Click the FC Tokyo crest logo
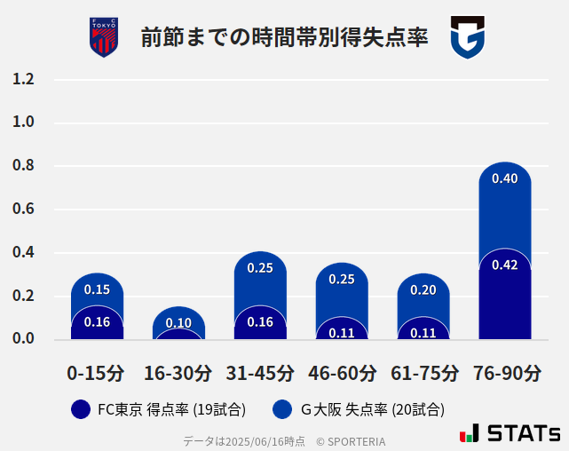tap(104, 37)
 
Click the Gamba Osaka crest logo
tap(467, 38)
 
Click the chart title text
tap(284, 38)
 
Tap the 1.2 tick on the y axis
tap(23, 80)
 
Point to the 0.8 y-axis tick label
tap(23, 166)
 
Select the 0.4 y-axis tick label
tap(23, 252)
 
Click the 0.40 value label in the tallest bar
tap(505, 178)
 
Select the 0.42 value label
tap(505, 265)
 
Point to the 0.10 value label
tap(178, 323)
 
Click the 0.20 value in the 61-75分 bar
tap(423, 290)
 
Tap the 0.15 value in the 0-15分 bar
tap(97, 289)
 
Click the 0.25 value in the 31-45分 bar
tap(260, 268)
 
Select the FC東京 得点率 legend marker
tap(80, 409)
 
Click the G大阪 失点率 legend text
tap(372, 409)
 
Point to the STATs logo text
tap(524, 434)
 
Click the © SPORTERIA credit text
tap(351, 440)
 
